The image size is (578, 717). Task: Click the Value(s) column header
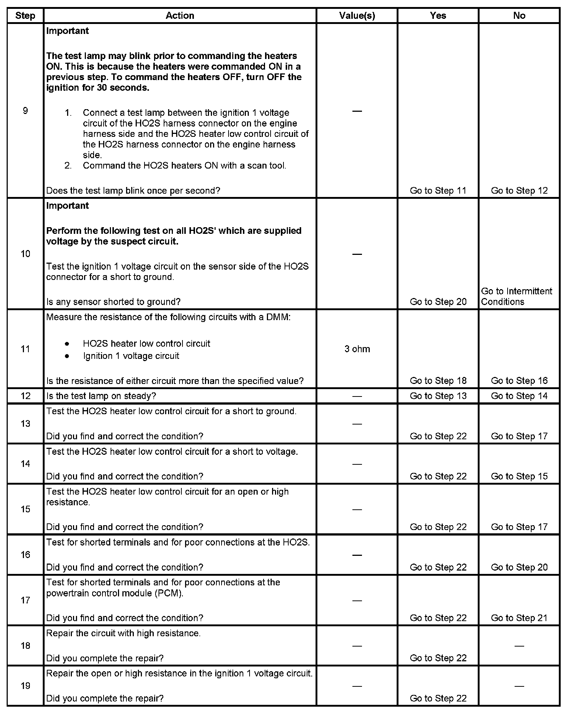tap(357, 15)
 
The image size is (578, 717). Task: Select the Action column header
tap(180, 15)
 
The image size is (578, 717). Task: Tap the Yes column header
tap(438, 15)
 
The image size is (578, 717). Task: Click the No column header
tap(519, 15)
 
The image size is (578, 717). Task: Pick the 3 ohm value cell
tap(357, 349)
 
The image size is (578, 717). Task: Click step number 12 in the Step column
tap(25, 396)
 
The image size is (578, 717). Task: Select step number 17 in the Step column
tap(25, 600)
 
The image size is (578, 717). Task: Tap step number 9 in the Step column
tap(25, 111)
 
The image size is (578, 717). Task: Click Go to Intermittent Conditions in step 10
tap(516, 297)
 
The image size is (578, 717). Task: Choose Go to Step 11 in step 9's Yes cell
tap(438, 191)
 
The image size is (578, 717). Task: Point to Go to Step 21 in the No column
tap(519, 618)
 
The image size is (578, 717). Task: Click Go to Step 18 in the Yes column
tap(438, 381)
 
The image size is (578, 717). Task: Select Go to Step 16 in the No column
tap(519, 381)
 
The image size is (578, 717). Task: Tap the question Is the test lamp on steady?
tap(101, 396)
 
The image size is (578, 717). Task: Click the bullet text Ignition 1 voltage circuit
tap(131, 356)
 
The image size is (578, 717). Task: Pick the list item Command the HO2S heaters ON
tap(184, 166)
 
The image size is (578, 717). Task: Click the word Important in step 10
tap(67, 205)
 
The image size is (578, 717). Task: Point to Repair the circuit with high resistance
tap(123, 633)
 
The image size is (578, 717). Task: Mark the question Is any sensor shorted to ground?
tap(113, 302)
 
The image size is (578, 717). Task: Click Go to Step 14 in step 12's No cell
tap(519, 396)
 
